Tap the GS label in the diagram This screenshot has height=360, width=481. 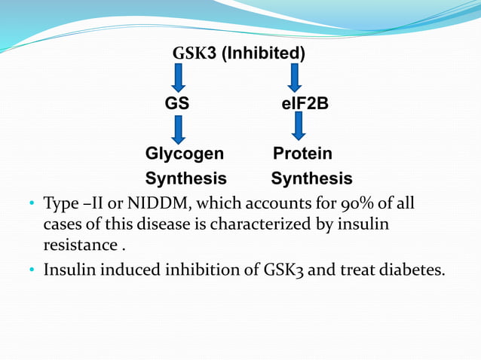click(177, 103)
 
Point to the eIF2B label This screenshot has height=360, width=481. click(300, 103)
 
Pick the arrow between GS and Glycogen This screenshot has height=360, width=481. click(179, 129)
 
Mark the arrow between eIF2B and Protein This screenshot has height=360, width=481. click(299, 126)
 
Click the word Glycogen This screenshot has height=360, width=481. click(185, 154)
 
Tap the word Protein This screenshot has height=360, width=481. click(302, 154)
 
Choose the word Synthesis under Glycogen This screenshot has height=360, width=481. click(185, 179)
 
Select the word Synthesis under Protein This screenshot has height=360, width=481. click(311, 179)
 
